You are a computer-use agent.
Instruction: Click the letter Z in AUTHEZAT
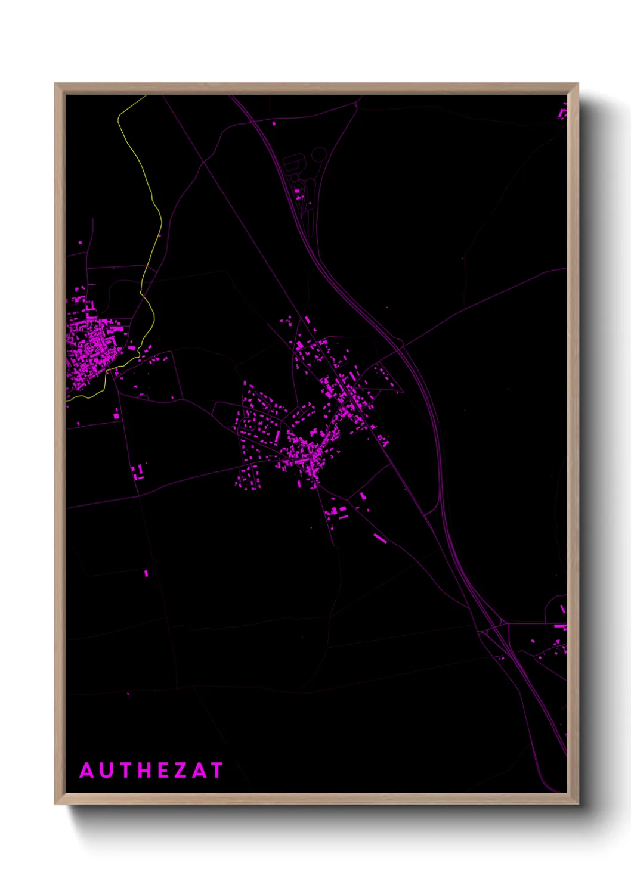[181, 771]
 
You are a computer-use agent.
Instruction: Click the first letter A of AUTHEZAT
[86, 771]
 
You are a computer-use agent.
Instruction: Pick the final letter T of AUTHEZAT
[216, 771]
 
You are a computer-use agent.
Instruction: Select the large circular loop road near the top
[319, 155]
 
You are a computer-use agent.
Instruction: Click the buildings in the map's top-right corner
[562, 113]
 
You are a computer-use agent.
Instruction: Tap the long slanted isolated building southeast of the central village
[380, 538]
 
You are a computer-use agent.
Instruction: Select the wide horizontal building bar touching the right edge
[560, 626]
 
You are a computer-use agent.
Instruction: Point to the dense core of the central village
[307, 456]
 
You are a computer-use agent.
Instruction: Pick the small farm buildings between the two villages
[138, 472]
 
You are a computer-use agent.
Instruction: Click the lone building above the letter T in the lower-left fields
[146, 573]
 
